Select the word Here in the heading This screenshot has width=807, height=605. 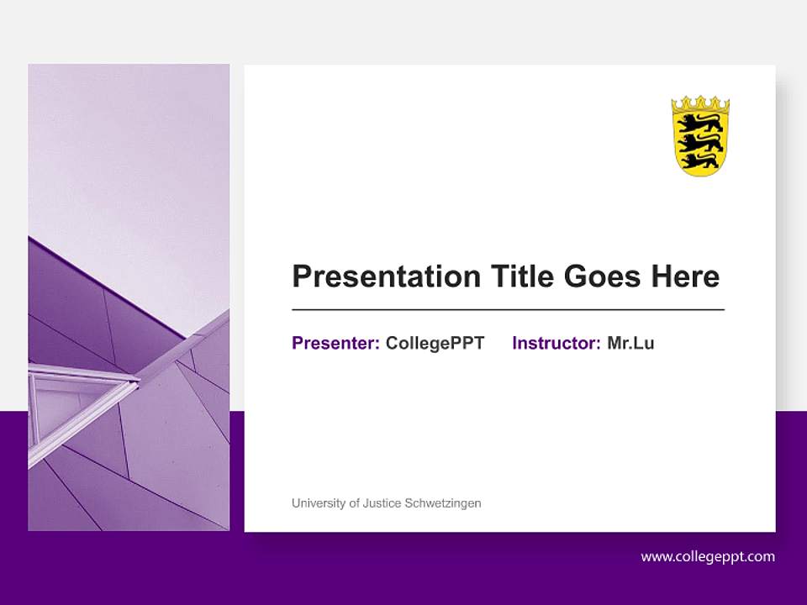click(684, 276)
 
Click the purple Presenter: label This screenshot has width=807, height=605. click(335, 343)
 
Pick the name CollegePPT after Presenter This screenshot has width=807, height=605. click(435, 343)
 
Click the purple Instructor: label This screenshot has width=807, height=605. click(556, 343)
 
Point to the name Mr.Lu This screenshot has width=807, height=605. click(630, 343)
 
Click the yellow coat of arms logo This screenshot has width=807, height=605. click(699, 136)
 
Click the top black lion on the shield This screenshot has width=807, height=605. click(699, 123)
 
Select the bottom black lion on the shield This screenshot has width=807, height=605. click(699, 160)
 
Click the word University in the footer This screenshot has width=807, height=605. click(318, 503)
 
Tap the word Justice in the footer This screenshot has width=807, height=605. click(382, 503)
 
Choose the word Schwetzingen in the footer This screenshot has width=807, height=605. click(443, 503)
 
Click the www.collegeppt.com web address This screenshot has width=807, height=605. click(708, 556)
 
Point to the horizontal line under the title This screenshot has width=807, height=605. click(508, 310)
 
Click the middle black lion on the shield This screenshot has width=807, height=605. click(699, 140)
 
